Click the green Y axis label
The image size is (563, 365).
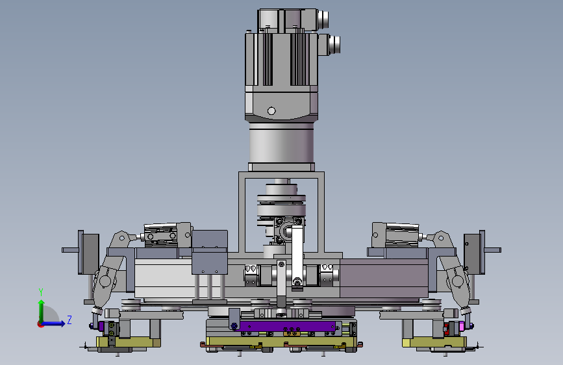[x=41, y=292]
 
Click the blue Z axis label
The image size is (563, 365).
[x=69, y=320]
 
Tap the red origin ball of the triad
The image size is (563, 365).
[x=40, y=324]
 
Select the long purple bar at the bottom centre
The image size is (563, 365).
[x=287, y=326]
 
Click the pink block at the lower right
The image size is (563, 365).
[x=461, y=327]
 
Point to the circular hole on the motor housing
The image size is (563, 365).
[x=271, y=111]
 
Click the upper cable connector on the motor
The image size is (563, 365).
[x=322, y=19]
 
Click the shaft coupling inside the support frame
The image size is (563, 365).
[x=281, y=205]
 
